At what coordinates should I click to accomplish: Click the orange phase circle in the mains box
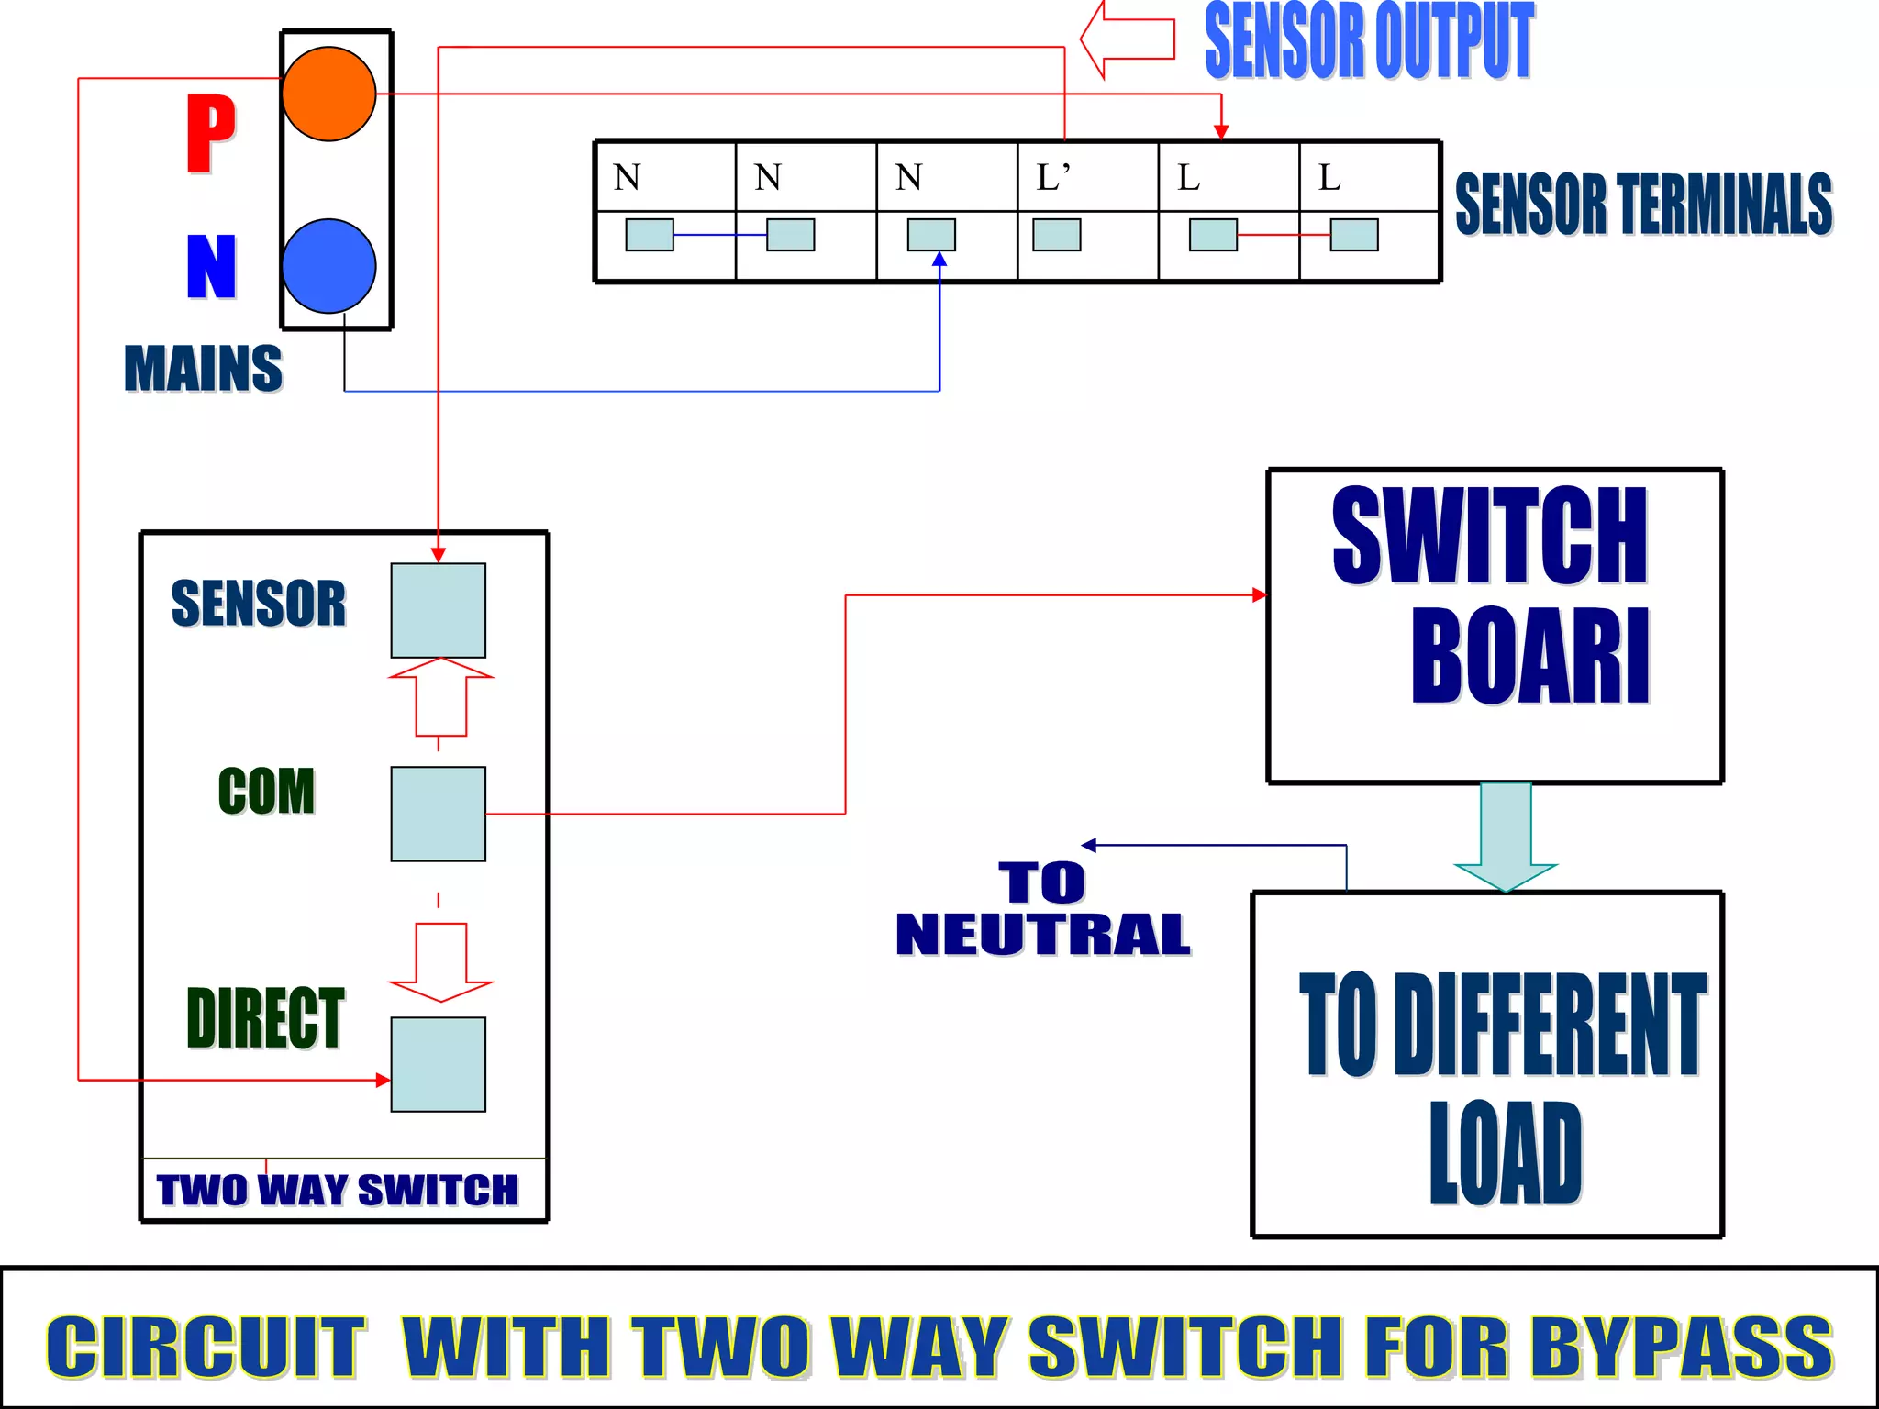click(328, 94)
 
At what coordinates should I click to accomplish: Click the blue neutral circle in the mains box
click(328, 266)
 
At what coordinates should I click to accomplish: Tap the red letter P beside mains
click(210, 134)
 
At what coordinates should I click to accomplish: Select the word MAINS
click(203, 369)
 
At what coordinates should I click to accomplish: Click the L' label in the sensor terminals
click(1052, 176)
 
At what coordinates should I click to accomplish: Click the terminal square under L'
click(1056, 235)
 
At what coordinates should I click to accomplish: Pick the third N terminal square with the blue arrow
click(931, 235)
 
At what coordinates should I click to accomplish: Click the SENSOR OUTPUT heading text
click(1369, 41)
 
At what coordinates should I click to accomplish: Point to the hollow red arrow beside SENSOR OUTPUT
click(1127, 39)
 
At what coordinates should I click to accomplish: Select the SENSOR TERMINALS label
click(1643, 204)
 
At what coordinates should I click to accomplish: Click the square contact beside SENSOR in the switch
click(438, 610)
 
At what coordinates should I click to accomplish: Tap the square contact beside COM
click(438, 814)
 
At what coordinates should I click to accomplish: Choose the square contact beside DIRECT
click(438, 1064)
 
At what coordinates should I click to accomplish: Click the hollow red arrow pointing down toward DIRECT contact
click(440, 961)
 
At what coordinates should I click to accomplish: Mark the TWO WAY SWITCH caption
click(337, 1191)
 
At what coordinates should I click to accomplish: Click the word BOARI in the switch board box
click(1529, 655)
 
